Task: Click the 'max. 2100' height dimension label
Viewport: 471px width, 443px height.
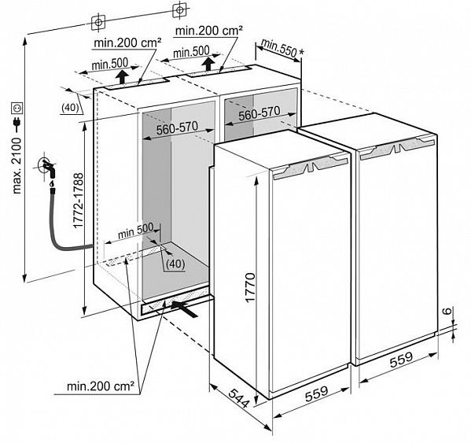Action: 17,165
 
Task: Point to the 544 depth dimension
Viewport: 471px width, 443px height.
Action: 239,398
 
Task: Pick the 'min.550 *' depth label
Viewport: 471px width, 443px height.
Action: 282,48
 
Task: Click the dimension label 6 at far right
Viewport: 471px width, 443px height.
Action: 447,311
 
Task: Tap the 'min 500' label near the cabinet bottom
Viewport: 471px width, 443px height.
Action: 136,231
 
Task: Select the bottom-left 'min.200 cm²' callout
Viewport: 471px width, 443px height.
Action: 101,386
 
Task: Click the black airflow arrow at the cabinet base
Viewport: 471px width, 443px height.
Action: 185,309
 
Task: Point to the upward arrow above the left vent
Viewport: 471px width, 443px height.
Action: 122,77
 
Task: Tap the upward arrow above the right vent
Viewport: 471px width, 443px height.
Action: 208,65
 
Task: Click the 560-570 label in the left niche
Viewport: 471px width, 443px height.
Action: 177,127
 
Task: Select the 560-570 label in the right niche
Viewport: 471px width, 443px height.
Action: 259,113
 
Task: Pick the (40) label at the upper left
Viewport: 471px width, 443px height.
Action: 70,108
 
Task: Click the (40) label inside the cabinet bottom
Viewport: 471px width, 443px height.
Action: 175,264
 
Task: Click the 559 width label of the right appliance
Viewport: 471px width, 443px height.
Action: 401,360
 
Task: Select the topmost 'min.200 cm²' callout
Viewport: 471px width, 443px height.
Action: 209,31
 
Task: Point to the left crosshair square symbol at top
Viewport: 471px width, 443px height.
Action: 98,22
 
